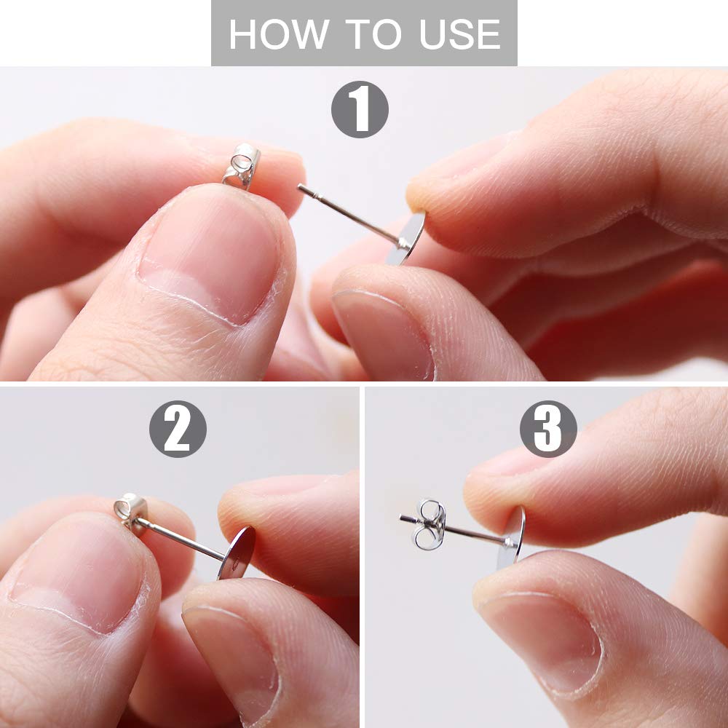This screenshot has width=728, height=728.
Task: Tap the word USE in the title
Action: pos(459,34)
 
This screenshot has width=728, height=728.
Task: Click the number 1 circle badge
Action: pos(360,109)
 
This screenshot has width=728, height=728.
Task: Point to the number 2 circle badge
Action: pos(178,429)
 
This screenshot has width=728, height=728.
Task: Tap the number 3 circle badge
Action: pos(548,429)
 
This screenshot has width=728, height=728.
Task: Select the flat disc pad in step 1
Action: pos(405,239)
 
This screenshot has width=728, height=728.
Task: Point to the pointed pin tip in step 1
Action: pos(299,186)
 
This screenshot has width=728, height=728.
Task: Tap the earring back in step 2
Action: pos(130,511)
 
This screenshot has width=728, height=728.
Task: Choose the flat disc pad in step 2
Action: pos(237,553)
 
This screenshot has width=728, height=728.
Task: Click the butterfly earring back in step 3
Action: pos(430,525)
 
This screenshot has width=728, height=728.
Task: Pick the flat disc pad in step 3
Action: pos(511,538)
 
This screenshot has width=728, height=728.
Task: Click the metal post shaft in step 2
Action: pos(181,539)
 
